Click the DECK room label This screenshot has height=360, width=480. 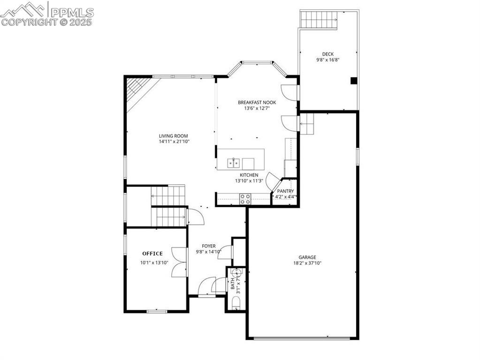pyautogui.click(x=328, y=54)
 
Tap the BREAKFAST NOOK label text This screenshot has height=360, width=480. pyautogui.click(x=257, y=102)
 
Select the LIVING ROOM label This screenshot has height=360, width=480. pyautogui.click(x=173, y=136)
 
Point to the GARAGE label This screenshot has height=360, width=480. pyautogui.click(x=307, y=257)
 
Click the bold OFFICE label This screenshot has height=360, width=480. pyautogui.click(x=152, y=254)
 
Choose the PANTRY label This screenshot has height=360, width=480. pyautogui.click(x=285, y=191)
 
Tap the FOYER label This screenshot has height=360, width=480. pyautogui.click(x=209, y=246)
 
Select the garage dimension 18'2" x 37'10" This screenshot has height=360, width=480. pyautogui.click(x=307, y=263)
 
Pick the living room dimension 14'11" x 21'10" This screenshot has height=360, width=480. pyautogui.click(x=174, y=142)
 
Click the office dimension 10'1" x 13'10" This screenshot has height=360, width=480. pyautogui.click(x=154, y=263)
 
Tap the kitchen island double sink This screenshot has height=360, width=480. pyautogui.click(x=234, y=163)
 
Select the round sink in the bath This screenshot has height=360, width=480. pyautogui.click(x=236, y=273)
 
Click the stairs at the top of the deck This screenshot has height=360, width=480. pyautogui.click(x=319, y=19)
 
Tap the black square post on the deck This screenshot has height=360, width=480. pyautogui.click(x=353, y=81)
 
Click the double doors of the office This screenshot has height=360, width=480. pyautogui.click(x=179, y=262)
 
